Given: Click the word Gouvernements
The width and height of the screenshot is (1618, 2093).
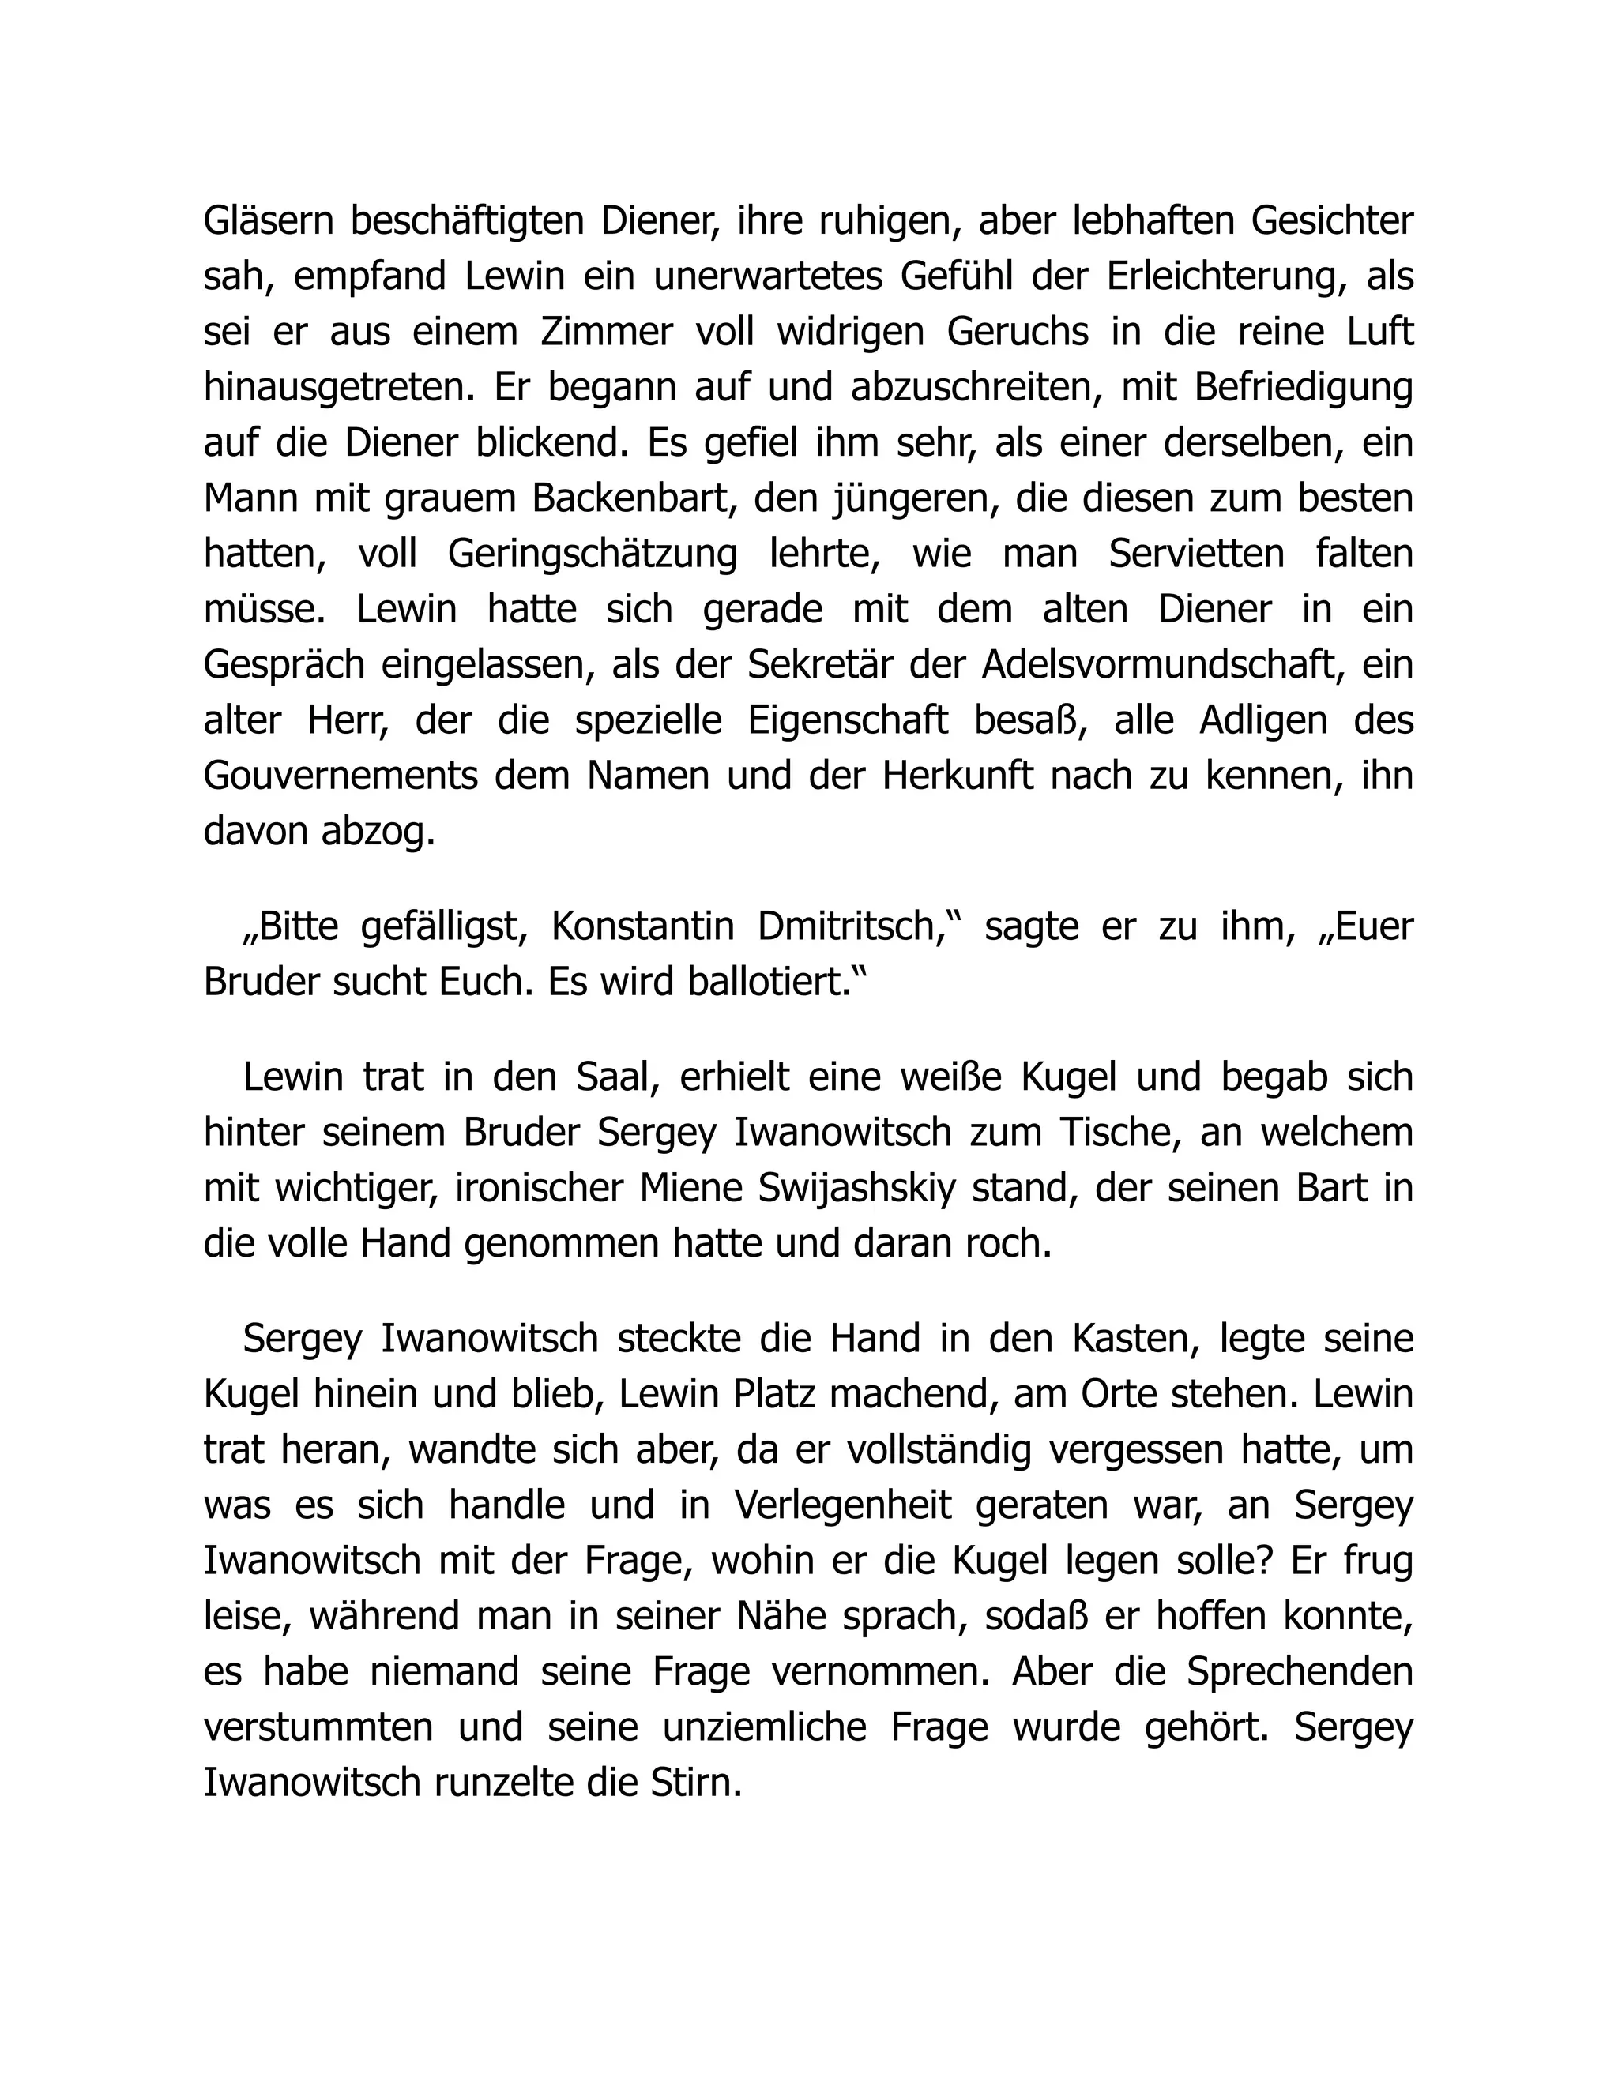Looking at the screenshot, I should tap(341, 776).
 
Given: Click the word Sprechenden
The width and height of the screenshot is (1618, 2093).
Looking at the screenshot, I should tap(1299, 1672).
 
